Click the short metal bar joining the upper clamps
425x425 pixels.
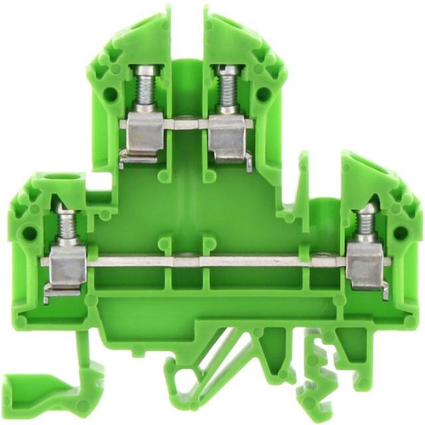184,124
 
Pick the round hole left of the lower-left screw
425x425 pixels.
31,230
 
